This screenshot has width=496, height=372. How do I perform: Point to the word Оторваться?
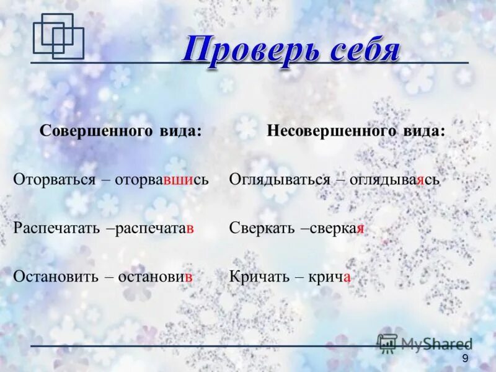[x=55, y=180]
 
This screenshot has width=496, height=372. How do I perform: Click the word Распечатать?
[x=56, y=228]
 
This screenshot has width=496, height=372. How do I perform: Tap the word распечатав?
[x=154, y=228]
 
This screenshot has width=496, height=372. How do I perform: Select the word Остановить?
[x=56, y=276]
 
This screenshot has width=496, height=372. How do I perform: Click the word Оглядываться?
[x=280, y=180]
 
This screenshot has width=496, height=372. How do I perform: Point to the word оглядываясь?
[x=394, y=180]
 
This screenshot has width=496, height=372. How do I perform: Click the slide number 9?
[x=465, y=359]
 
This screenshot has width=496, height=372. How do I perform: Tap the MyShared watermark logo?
[x=425, y=343]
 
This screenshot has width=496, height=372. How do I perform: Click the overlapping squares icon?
[x=58, y=37]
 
